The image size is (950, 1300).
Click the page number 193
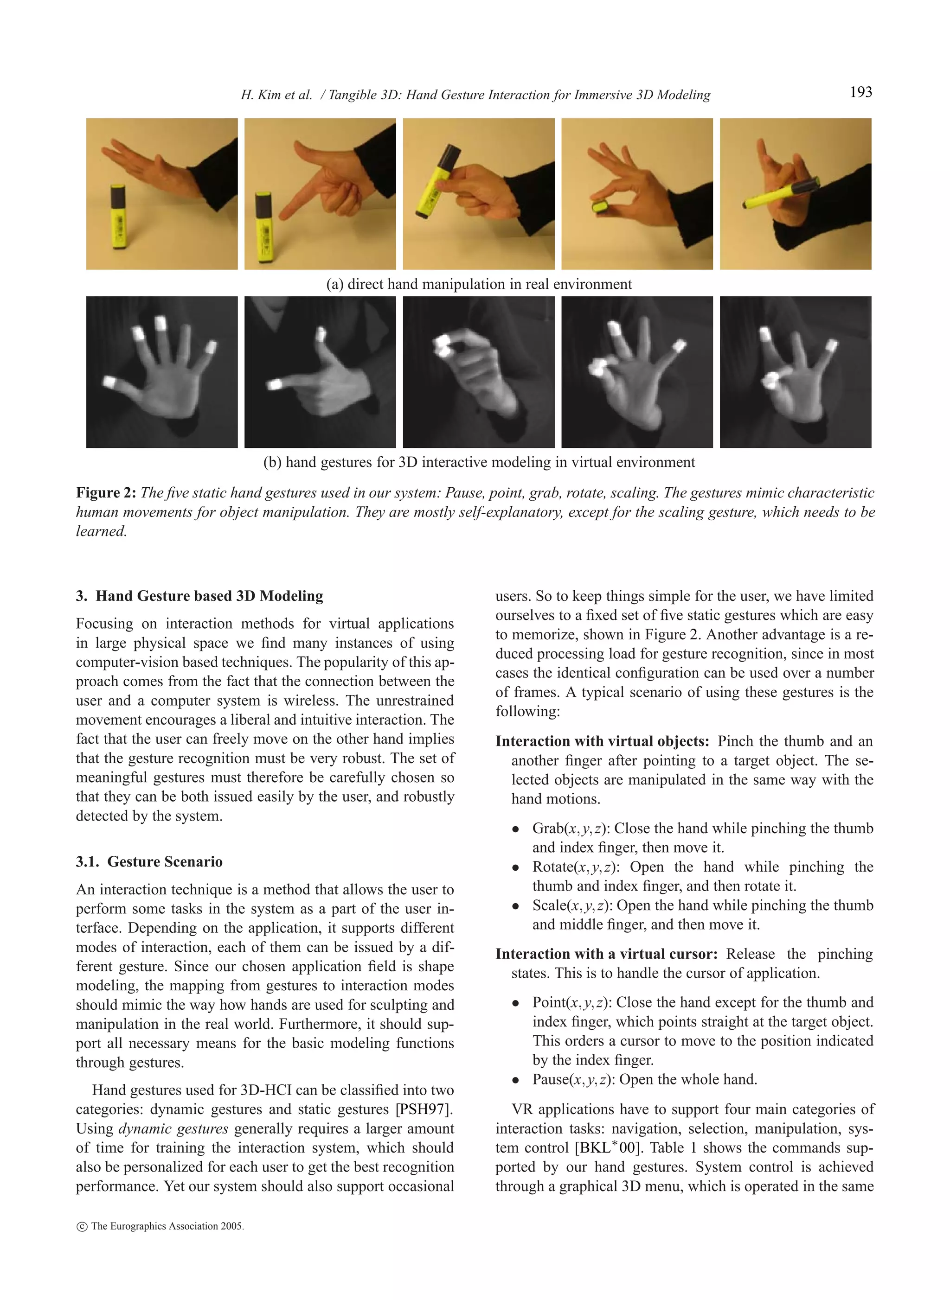(860, 93)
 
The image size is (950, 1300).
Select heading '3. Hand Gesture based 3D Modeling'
(199, 596)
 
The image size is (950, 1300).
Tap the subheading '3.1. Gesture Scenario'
(149, 861)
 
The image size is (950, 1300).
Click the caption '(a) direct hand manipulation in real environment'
(478, 284)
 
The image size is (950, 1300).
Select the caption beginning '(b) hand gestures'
(478, 462)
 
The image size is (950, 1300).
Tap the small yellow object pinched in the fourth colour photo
(600, 206)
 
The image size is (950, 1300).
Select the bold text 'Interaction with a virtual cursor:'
(606, 954)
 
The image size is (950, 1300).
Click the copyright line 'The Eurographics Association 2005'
(167, 1226)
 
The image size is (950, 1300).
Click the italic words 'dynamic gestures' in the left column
(173, 1129)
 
